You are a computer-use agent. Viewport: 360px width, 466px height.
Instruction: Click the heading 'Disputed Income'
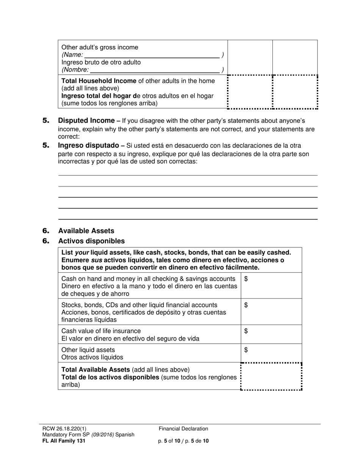86,121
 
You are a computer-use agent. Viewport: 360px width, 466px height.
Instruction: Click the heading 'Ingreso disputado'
88,145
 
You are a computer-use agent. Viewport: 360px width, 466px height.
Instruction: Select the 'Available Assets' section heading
86,231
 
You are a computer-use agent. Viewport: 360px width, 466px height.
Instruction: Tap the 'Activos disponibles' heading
91,241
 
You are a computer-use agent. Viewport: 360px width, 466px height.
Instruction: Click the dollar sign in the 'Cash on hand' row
246,279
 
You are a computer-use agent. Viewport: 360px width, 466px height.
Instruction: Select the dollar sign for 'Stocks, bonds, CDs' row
246,305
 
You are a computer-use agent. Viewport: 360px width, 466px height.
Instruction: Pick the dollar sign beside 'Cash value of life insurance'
246,331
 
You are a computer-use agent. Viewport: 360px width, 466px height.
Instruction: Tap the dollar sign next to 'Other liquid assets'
246,350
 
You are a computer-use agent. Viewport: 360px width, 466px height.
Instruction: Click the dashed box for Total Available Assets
271,377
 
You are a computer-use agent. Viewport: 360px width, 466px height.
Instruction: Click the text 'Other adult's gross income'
100,47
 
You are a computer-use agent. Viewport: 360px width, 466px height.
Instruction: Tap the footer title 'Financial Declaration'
183,429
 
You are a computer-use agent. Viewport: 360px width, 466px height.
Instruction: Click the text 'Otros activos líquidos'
92,357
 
